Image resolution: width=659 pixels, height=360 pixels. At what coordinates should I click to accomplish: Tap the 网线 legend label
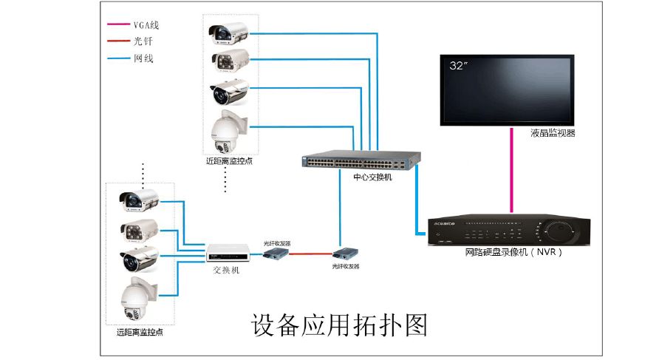pyautogui.click(x=143, y=58)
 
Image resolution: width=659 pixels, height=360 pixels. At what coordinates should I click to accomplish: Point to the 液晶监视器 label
pyautogui.click(x=553, y=134)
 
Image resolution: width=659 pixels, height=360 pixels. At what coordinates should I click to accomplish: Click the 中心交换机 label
pyautogui.click(x=372, y=177)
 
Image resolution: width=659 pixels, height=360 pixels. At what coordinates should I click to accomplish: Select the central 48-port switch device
pyautogui.click(x=361, y=160)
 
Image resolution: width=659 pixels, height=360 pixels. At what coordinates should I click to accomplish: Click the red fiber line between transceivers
pyautogui.click(x=311, y=253)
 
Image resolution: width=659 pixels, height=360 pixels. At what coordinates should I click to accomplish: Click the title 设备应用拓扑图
pyautogui.click(x=340, y=325)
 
